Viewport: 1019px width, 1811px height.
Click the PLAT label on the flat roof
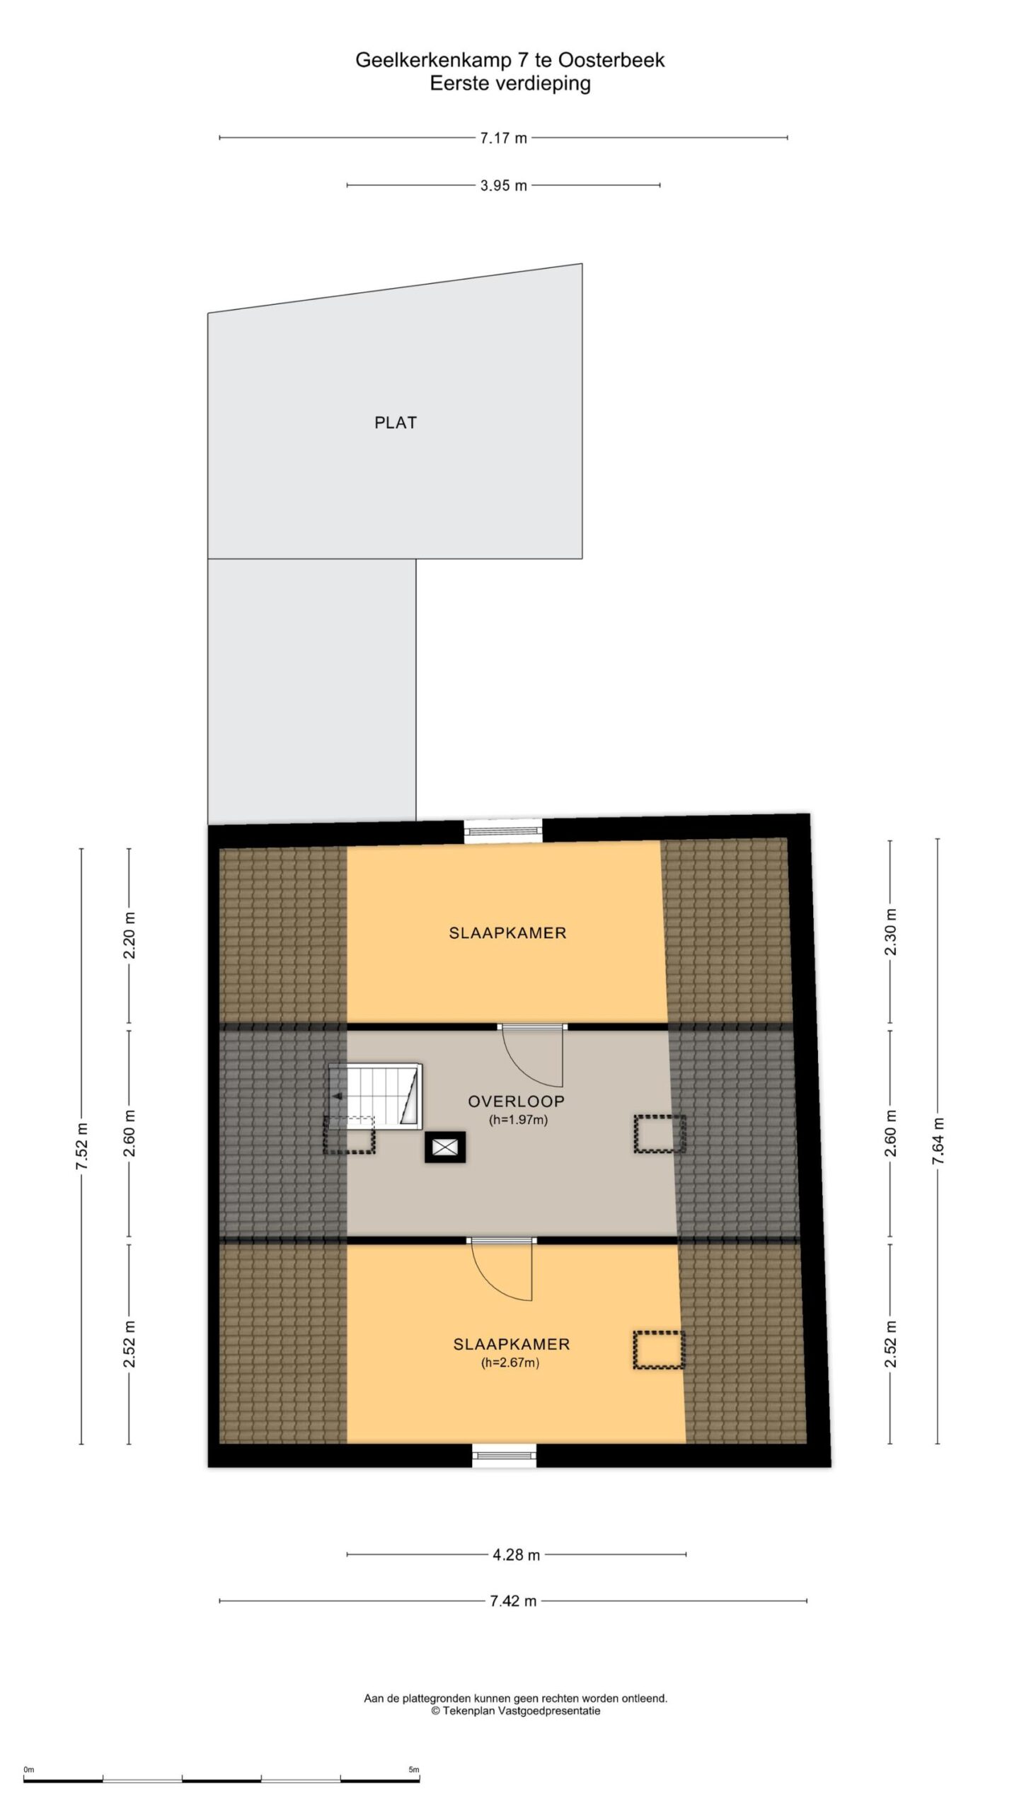tap(396, 422)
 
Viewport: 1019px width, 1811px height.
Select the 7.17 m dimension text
tap(504, 138)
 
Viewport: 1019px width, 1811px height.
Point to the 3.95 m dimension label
tap(504, 186)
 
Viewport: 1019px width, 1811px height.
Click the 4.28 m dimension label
tap(517, 1555)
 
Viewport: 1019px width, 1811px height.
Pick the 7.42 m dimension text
tap(514, 1601)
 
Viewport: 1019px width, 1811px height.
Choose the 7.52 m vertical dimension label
tap(81, 1147)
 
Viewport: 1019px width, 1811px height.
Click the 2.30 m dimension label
tap(890, 932)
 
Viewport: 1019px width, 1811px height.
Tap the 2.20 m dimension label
tap(129, 936)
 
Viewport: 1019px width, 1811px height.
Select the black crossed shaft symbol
tap(446, 1147)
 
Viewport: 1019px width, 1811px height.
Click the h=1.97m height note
tap(519, 1120)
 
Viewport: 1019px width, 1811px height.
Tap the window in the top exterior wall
tap(504, 831)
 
